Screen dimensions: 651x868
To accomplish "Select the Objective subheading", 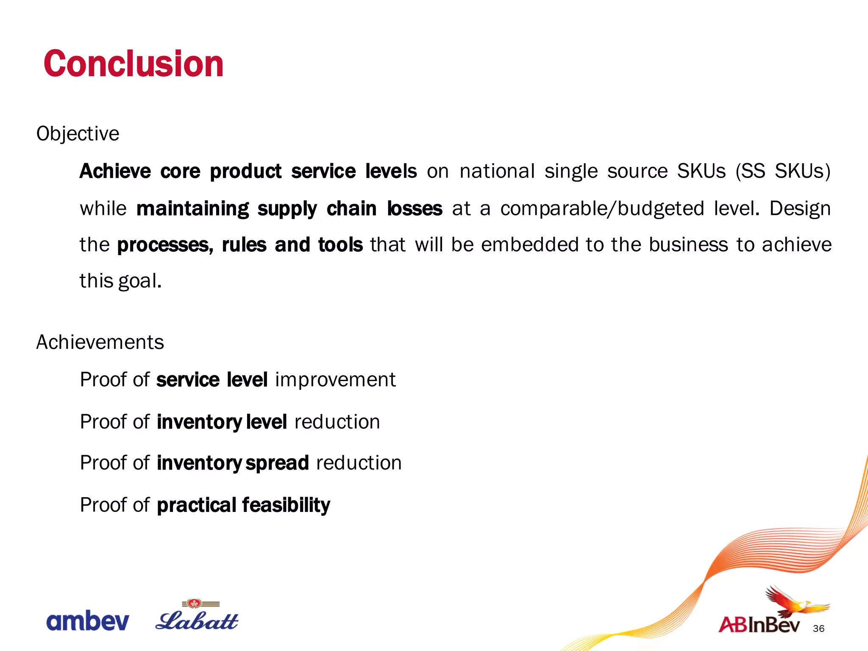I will click(x=78, y=134).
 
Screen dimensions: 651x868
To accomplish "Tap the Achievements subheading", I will click(x=100, y=342).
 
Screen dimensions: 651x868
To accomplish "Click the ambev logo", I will click(x=87, y=621).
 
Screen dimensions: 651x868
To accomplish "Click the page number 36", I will click(x=818, y=629).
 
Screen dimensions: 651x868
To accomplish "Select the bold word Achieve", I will click(x=115, y=171).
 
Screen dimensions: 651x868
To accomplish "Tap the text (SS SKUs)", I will click(x=782, y=171).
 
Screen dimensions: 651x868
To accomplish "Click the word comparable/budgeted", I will click(x=602, y=209).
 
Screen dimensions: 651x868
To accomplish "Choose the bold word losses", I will click(x=415, y=209).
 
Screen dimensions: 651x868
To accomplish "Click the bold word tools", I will click(x=340, y=245).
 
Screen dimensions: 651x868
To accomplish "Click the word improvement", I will click(x=335, y=379).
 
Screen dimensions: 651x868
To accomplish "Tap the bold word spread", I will click(x=277, y=463).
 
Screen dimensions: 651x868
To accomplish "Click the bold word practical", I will click(x=197, y=505).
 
